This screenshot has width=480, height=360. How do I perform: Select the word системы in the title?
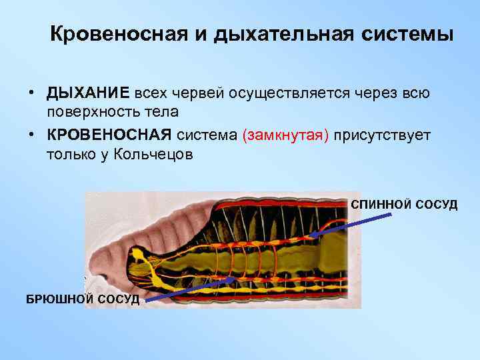coord(413,34)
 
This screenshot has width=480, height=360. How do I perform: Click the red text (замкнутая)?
coord(287,135)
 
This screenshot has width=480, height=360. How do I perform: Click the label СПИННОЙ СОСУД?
coord(404,204)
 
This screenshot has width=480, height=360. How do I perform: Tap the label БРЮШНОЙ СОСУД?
coord(83,299)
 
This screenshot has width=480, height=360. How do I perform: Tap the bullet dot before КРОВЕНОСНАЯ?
coord(31,135)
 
